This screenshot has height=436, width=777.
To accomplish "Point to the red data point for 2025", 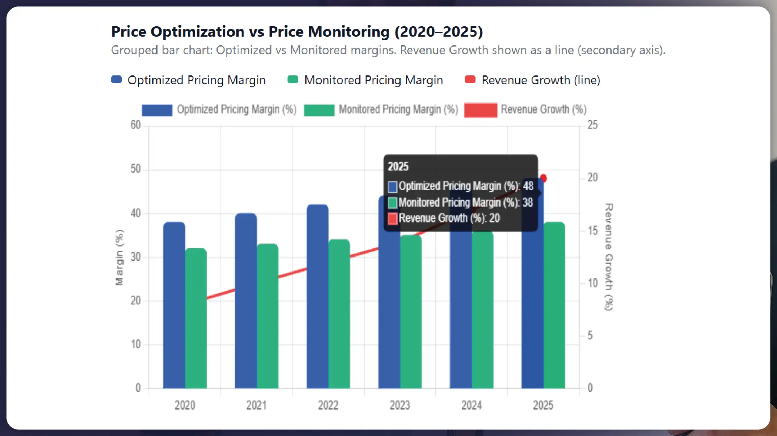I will point(543,178).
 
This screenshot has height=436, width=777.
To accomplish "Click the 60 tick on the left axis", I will point(136,125).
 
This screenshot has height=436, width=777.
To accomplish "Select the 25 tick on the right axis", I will point(592,125).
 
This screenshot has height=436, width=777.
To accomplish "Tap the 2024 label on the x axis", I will point(471,405).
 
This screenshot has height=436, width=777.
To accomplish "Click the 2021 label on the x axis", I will point(256,405).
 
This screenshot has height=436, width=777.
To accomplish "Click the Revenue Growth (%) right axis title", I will point(609,257).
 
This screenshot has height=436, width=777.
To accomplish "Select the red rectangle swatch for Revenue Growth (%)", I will point(480,110).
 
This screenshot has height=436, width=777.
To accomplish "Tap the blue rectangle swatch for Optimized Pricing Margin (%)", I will point(157,110).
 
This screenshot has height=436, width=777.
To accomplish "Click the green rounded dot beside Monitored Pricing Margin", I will point(293,80).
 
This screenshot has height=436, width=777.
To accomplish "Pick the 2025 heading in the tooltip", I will point(398,167).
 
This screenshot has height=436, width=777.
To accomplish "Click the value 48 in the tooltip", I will point(528,186).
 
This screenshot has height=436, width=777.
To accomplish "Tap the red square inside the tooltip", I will point(392,218).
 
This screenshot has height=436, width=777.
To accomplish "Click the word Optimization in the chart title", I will point(197,32).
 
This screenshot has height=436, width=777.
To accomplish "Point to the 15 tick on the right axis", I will point(592,231).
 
